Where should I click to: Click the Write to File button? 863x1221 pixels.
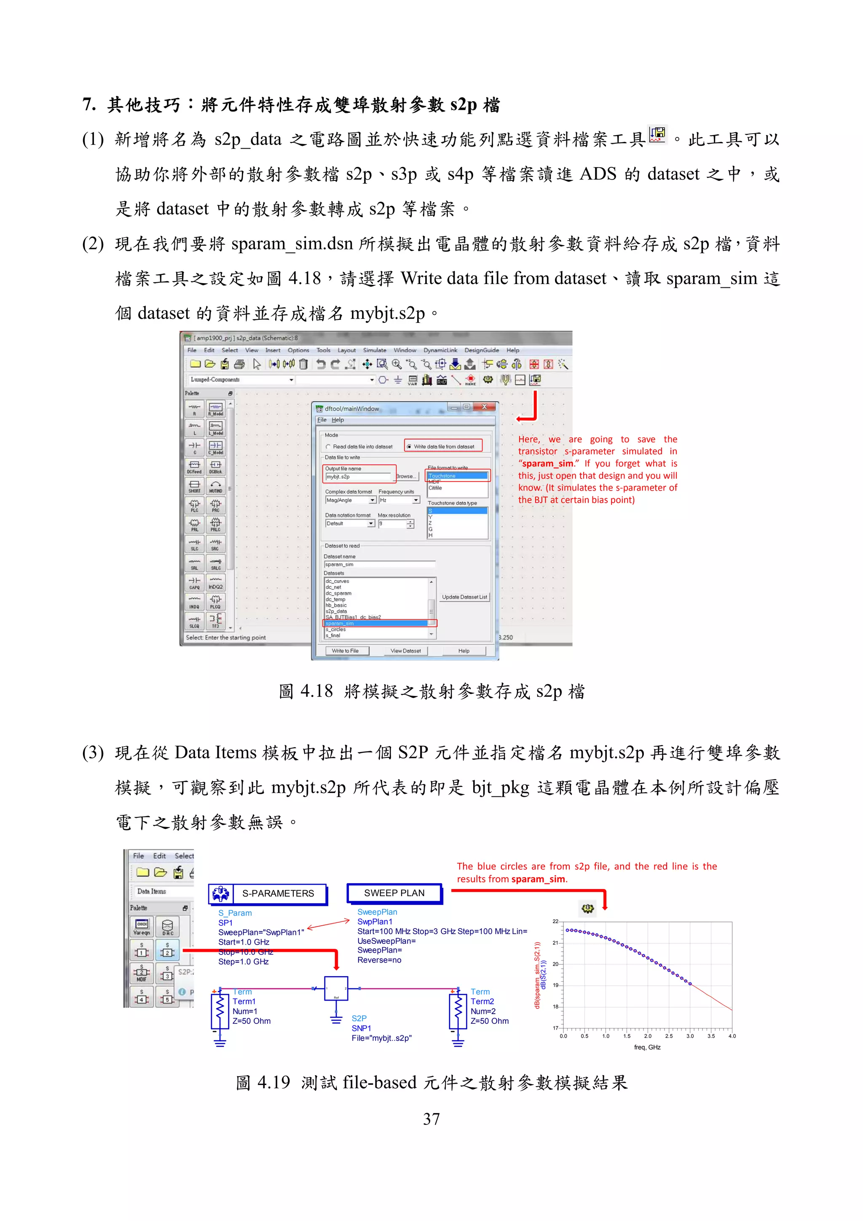[x=345, y=651]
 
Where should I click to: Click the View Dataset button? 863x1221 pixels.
[x=405, y=651]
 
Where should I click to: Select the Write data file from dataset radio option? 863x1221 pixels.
[x=408, y=447]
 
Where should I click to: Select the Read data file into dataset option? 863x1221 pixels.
[x=329, y=447]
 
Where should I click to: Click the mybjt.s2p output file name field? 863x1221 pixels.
[x=359, y=477]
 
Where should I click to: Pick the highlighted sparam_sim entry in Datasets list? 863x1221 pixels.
[x=375, y=623]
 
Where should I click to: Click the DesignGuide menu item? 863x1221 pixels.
[x=481, y=350]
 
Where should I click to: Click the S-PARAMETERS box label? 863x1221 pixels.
[x=278, y=893]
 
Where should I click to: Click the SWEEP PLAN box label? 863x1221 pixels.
[x=394, y=893]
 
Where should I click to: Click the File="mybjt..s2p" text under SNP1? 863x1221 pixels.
[x=381, y=1038]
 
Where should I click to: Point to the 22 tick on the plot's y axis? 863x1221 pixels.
[x=555, y=921]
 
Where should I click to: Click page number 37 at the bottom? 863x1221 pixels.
[x=431, y=1119]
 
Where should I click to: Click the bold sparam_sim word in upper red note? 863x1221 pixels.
[x=547, y=463]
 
